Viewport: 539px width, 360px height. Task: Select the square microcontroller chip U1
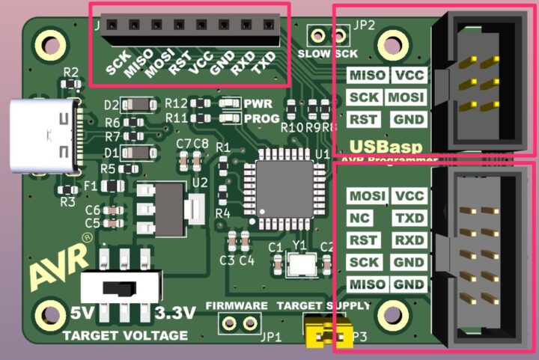[x=285, y=186]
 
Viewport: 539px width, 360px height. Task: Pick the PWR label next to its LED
[x=259, y=103]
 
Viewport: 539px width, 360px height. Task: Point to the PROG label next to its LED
[x=261, y=118]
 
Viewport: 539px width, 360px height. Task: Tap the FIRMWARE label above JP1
[x=237, y=306]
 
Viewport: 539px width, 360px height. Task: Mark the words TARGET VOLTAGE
[x=125, y=335]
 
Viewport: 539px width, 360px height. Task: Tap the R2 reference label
[x=71, y=73]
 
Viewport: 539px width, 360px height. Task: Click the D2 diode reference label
[x=112, y=104]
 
